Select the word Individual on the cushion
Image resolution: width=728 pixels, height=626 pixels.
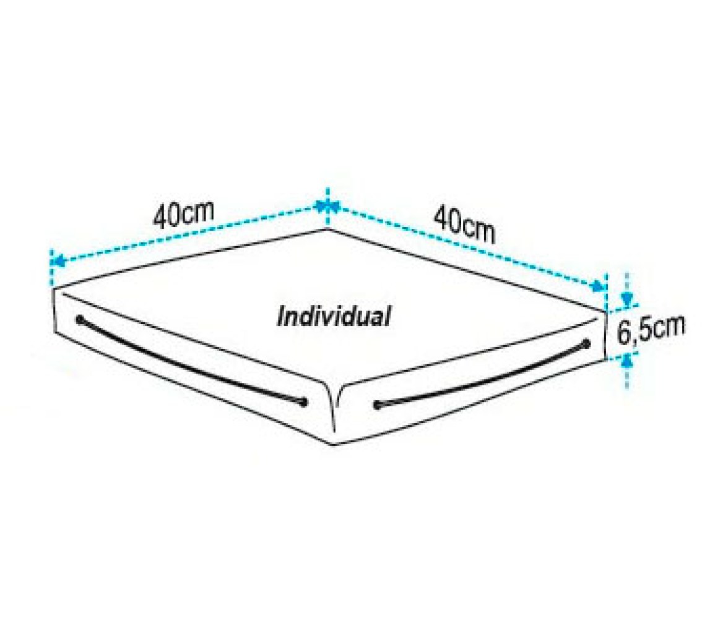coord(333,317)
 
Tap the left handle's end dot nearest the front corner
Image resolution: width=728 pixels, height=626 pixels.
coord(303,403)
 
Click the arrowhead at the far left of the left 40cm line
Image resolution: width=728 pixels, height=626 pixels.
coord(57,262)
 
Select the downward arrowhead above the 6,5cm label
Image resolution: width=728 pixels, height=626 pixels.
coord(627,299)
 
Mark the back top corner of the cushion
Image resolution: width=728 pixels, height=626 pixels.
coord(328,229)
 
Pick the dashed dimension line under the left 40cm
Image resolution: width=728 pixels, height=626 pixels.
coord(191,235)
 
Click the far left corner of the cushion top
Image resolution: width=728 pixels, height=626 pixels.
coord(54,289)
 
